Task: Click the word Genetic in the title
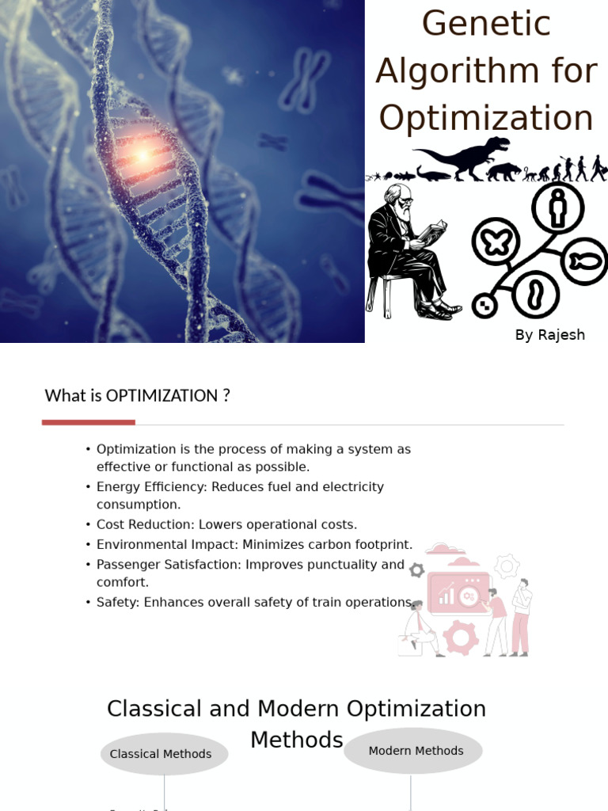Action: click(x=486, y=24)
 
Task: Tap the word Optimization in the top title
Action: click(x=486, y=119)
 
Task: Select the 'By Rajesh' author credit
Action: click(x=549, y=335)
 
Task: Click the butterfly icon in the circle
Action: click(x=496, y=242)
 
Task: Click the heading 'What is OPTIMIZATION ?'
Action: click(x=137, y=395)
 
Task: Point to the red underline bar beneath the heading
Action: click(x=89, y=423)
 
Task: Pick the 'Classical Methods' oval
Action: click(x=164, y=754)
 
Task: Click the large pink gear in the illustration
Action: click(x=461, y=638)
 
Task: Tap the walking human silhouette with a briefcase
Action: click(x=598, y=168)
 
